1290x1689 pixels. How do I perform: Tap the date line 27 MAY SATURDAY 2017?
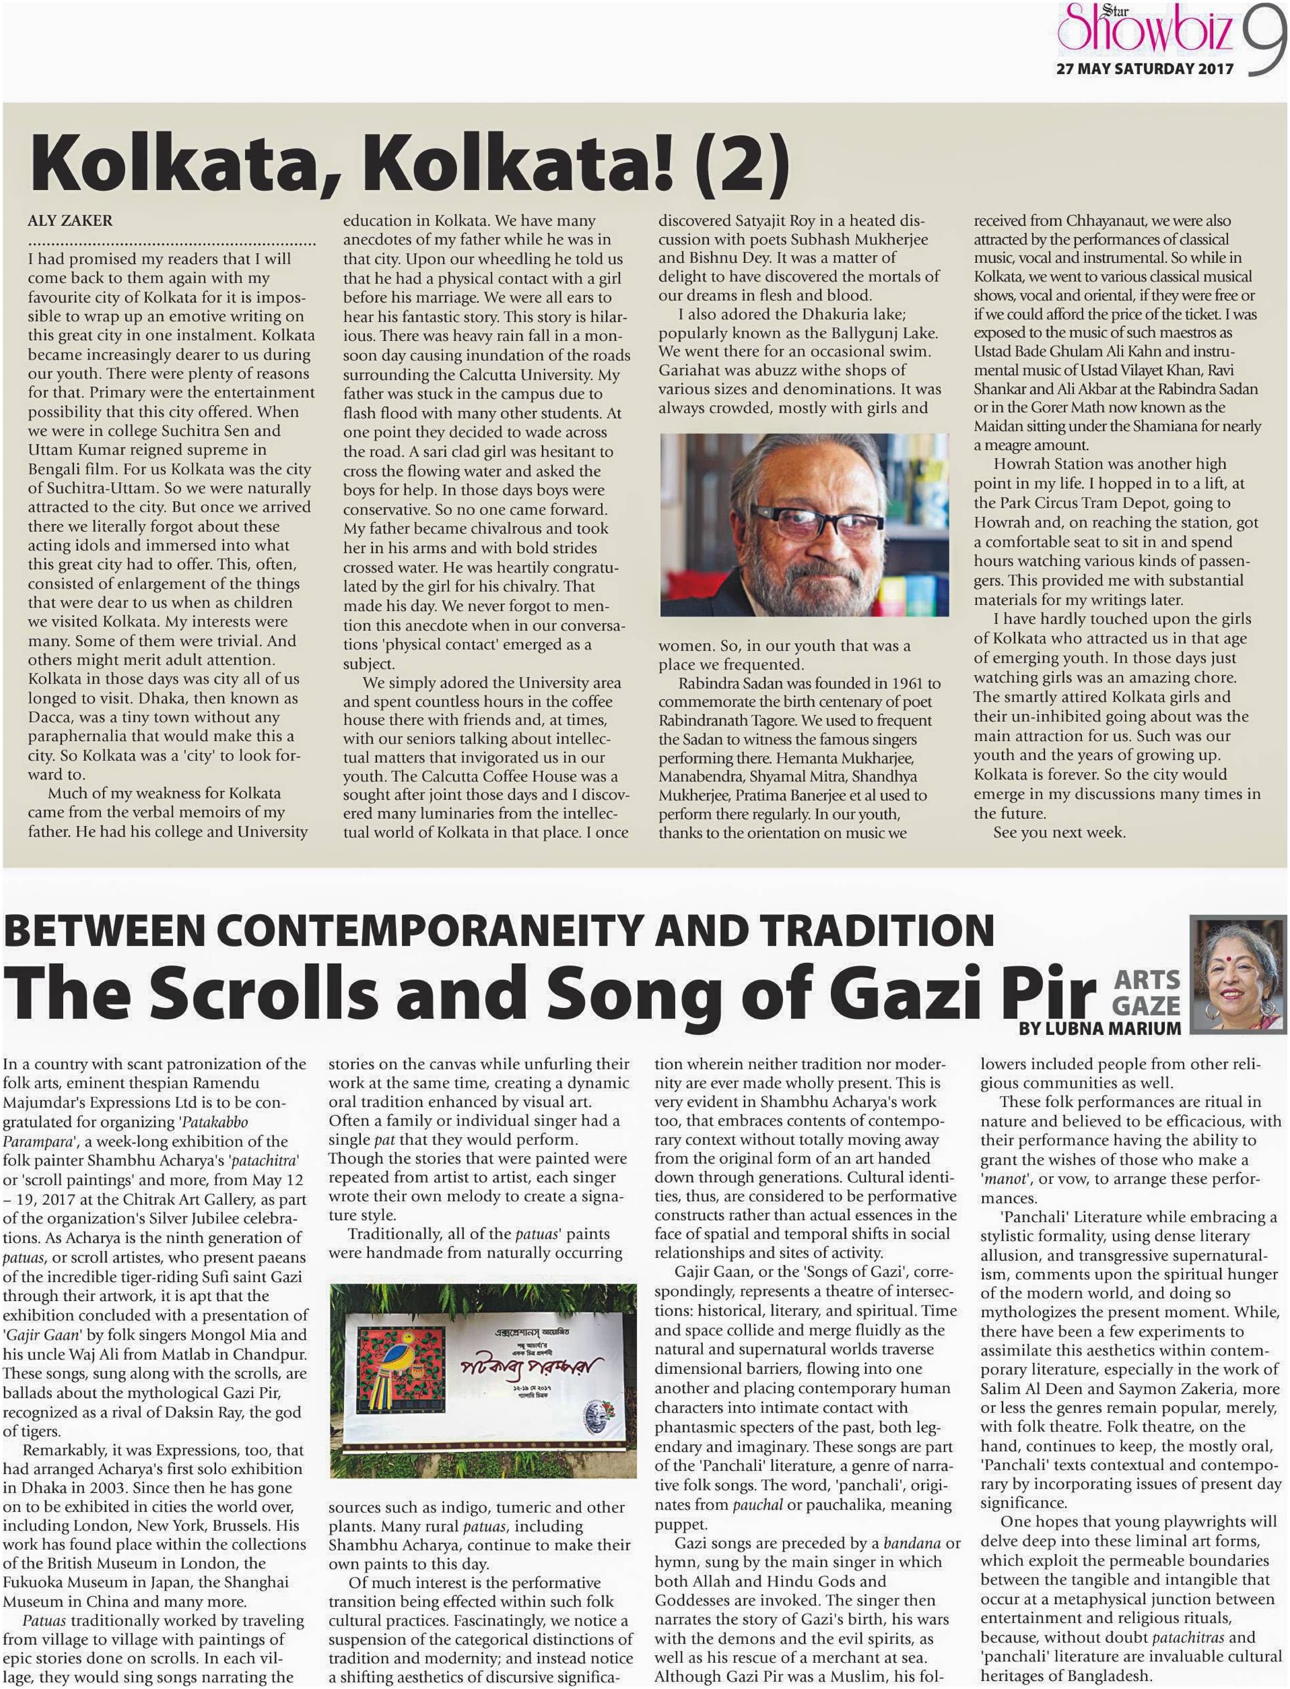coord(1144,68)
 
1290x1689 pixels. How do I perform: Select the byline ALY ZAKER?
coord(70,221)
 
